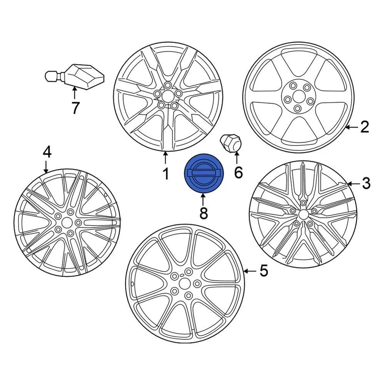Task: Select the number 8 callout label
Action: (204, 213)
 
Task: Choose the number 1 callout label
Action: (165, 174)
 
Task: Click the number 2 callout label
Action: (364, 127)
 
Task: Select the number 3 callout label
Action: (366, 184)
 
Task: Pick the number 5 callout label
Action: (263, 271)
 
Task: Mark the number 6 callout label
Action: (238, 172)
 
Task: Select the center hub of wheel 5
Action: (185, 283)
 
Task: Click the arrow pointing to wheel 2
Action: (351, 127)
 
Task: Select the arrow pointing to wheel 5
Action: (249, 271)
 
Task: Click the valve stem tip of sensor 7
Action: (48, 75)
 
